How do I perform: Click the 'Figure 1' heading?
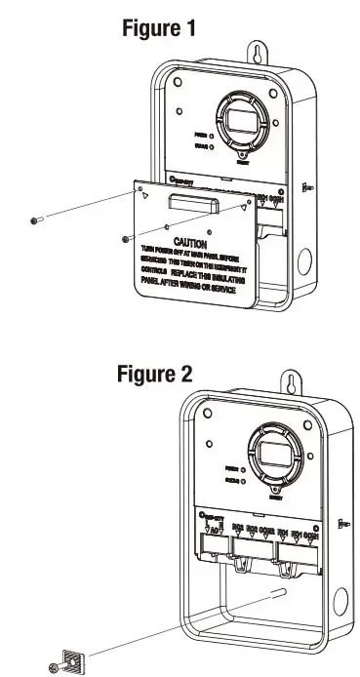click(x=159, y=28)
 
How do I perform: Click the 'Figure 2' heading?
click(x=156, y=374)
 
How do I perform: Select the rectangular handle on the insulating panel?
click(x=190, y=201)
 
